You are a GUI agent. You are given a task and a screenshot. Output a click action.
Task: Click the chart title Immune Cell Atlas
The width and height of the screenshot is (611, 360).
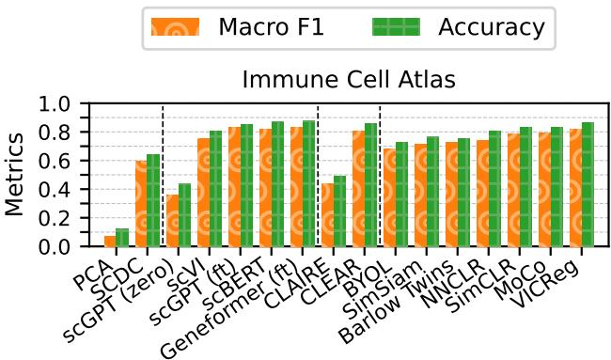(349, 80)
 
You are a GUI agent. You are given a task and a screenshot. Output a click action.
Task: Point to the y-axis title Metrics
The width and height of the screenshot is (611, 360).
(16, 175)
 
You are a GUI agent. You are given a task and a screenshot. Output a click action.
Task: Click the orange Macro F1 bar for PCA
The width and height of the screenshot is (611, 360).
(110, 241)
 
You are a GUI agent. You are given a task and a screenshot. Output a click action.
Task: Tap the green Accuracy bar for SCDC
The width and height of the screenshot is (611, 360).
(152, 200)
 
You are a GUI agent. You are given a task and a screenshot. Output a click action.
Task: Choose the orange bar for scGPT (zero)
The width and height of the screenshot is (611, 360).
(172, 221)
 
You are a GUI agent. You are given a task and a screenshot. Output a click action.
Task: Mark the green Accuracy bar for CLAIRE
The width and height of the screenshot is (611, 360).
(338, 211)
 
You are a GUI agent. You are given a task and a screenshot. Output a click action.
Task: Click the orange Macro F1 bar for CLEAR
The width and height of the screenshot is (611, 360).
(357, 189)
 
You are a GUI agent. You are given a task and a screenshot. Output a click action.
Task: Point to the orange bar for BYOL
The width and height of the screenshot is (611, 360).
(388, 197)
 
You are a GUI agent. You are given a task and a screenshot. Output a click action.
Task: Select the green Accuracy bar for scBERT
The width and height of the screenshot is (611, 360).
(276, 184)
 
